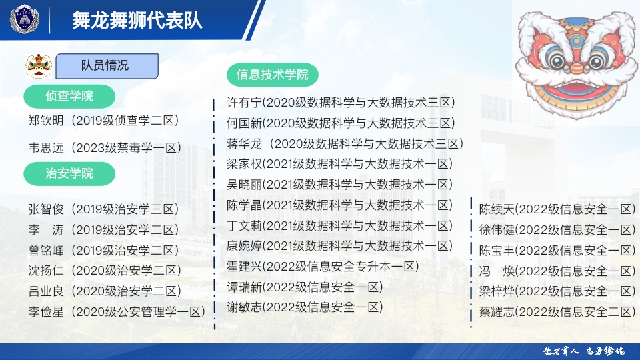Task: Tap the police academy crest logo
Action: pyautogui.click(x=25, y=19)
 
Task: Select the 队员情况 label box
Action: pyautogui.click(x=107, y=65)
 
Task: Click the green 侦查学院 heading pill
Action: pyautogui.click(x=69, y=96)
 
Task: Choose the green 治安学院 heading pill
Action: pyautogui.click(x=69, y=174)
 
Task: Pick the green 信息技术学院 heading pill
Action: pyautogui.click(x=273, y=75)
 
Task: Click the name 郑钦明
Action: pyautogui.click(x=47, y=121)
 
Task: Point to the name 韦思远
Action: pyautogui.click(x=47, y=148)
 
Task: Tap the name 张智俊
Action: pyautogui.click(x=47, y=209)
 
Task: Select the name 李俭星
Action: pyautogui.click(x=47, y=311)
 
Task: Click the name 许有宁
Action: pyautogui.click(x=243, y=103)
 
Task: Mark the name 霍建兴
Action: pyautogui.click(x=243, y=267)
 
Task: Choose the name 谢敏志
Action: pyautogui.click(x=243, y=307)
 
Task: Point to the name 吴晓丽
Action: pyautogui.click(x=243, y=185)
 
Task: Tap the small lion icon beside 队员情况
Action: pyautogui.click(x=39, y=65)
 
